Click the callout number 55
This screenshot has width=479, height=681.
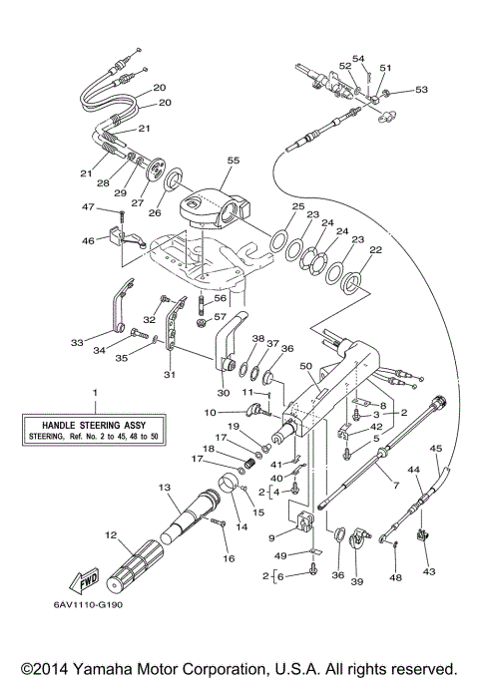coord(234,161)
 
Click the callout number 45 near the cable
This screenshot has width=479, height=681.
coord(436,449)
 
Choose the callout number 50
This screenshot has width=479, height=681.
coord(305,368)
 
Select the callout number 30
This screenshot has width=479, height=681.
coord(224,391)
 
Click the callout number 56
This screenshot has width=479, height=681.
coord(222,297)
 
